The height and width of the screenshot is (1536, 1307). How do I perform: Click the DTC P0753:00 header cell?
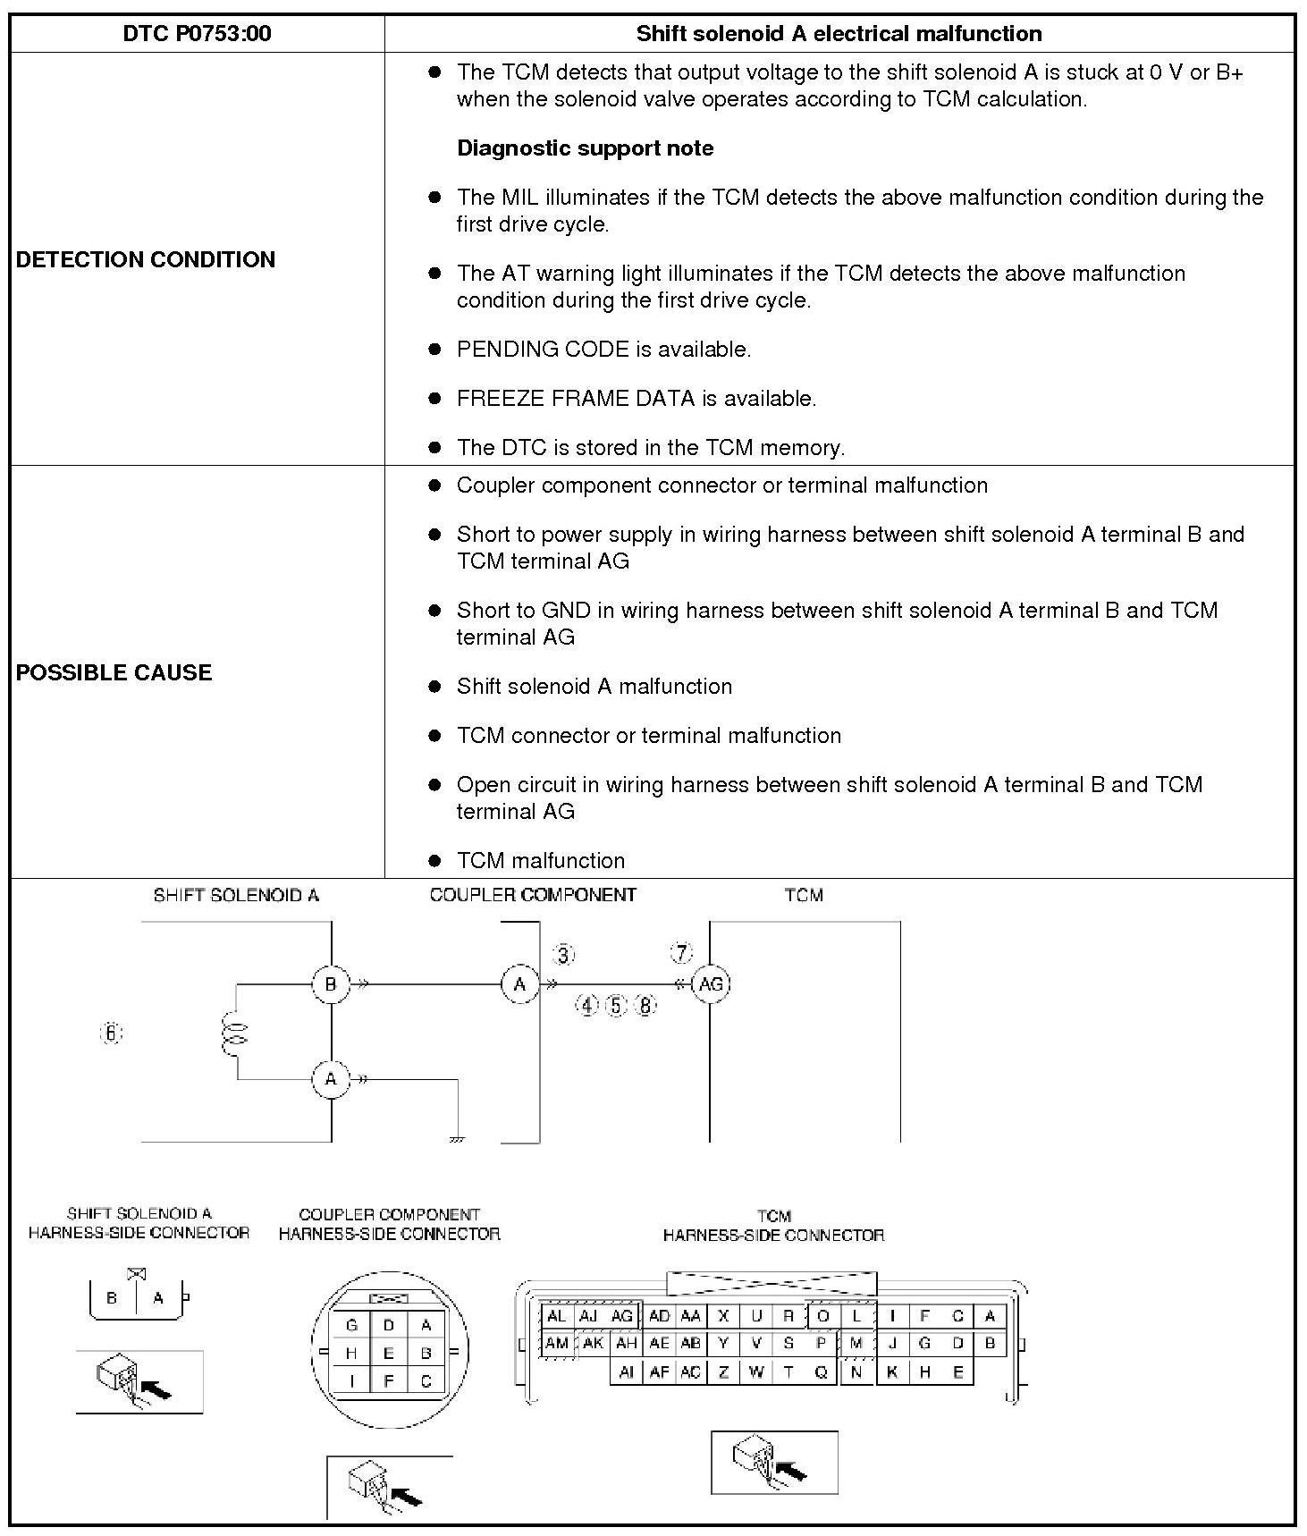pos(197,34)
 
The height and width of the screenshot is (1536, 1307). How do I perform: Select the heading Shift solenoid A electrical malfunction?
pos(839,34)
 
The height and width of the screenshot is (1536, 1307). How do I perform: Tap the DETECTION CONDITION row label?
pos(146,259)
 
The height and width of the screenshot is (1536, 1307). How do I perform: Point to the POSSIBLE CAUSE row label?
pos(114,672)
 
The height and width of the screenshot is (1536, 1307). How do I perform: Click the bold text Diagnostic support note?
pos(585,148)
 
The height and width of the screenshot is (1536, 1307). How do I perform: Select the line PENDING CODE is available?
pos(603,350)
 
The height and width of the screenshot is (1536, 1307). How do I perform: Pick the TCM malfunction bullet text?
pos(540,860)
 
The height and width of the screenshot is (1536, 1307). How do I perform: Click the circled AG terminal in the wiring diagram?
pos(711,984)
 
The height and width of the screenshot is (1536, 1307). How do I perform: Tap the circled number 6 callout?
pos(111,1034)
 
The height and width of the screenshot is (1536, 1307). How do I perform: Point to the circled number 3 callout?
pos(563,955)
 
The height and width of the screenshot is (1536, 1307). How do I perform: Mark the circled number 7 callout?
pos(682,953)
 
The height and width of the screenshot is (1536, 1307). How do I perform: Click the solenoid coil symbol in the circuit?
pos(235,1034)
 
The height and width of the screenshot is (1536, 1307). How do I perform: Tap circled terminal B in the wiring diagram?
pos(331,984)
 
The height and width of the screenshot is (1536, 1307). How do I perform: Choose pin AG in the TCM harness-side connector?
pos(622,1316)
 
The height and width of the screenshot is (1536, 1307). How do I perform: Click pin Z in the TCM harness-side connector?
pos(723,1372)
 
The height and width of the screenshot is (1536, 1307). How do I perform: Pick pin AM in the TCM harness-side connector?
pos(557,1343)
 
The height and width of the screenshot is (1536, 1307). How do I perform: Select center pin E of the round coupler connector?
pos(389,1353)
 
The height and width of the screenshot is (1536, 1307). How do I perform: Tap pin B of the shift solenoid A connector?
pos(112,1298)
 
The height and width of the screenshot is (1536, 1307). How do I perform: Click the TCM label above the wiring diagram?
pos(804,895)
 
